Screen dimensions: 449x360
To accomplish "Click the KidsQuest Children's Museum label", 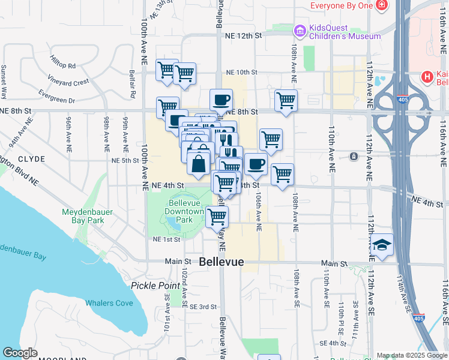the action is [345, 32].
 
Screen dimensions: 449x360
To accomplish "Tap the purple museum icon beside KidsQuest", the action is [299, 29].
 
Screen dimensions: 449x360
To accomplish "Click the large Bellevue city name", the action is [221, 262].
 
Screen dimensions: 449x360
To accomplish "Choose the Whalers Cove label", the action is [109, 303].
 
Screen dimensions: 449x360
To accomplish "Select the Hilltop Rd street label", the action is [63, 65].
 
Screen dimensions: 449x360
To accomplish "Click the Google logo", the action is [20, 353].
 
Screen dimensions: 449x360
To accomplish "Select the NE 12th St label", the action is [244, 36].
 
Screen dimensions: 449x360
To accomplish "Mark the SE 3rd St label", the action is [203, 307].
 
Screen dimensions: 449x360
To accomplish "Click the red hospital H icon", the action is [427, 77].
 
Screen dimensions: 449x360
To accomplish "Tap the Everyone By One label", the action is [342, 6].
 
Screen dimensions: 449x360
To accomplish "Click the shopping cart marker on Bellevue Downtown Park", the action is [217, 217].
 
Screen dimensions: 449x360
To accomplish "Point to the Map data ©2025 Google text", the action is [411, 355].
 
